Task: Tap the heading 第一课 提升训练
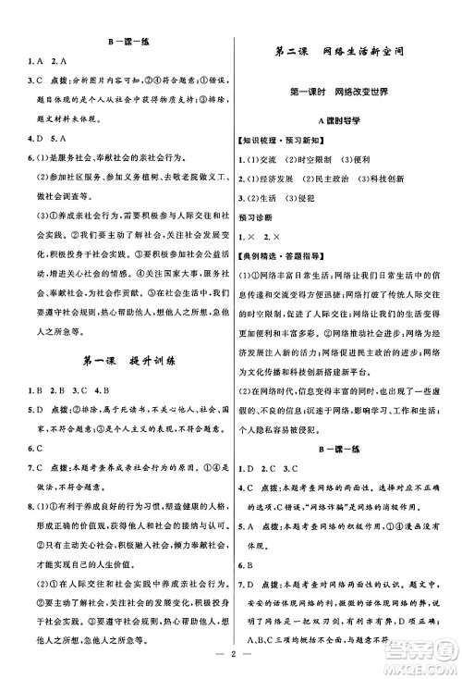tap(115, 360)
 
